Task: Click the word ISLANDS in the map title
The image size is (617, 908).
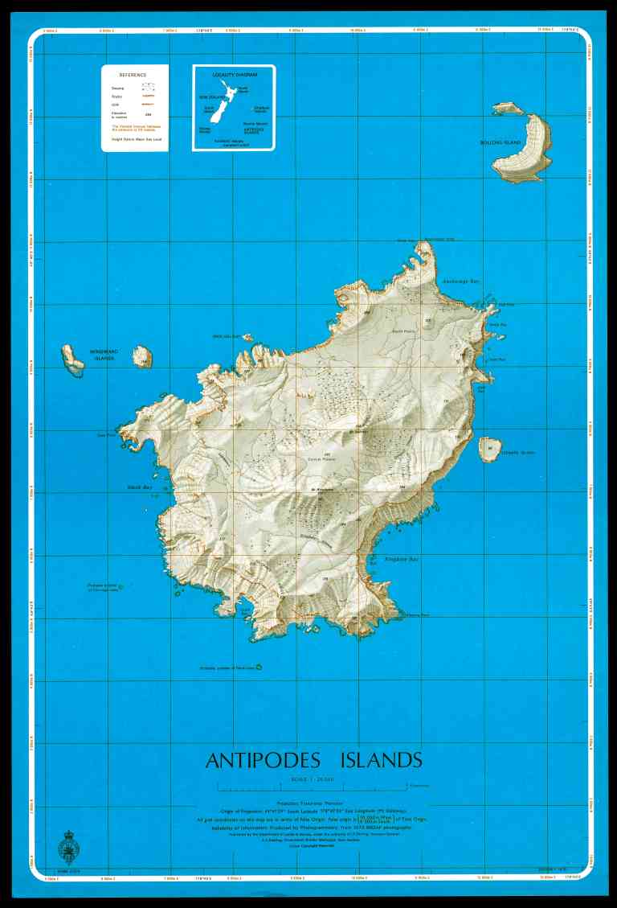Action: [380, 761]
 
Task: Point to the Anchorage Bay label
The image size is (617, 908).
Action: [460, 282]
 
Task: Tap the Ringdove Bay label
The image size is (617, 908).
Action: [402, 558]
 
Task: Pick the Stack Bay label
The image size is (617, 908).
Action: [140, 487]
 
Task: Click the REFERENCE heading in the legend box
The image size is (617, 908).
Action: [133, 74]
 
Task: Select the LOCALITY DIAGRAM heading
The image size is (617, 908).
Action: [233, 74]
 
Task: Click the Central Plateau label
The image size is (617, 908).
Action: [320, 459]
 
